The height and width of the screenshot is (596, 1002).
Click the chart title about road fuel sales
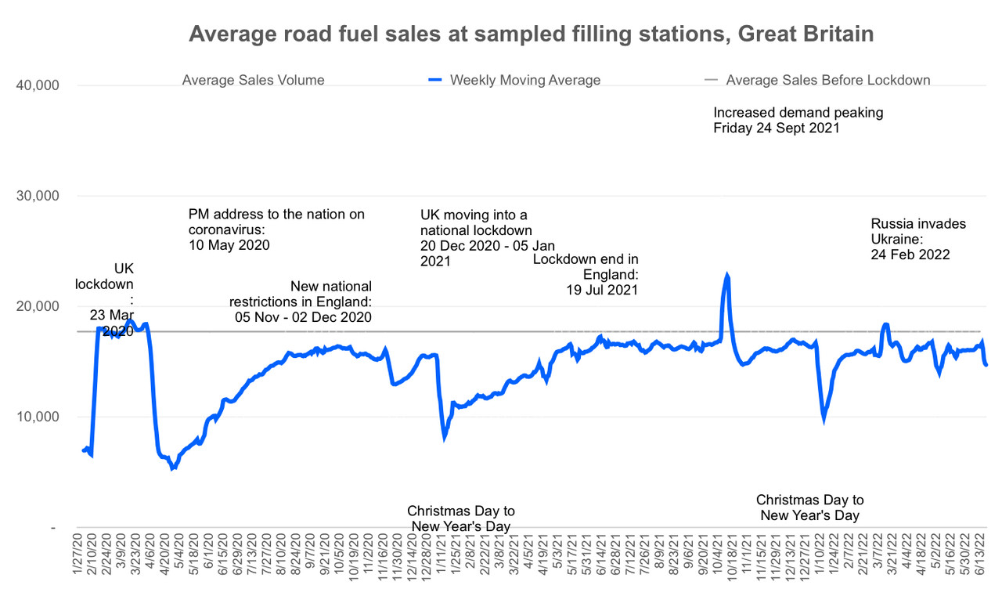coord(532,34)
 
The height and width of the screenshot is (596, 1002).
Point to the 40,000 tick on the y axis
coord(38,85)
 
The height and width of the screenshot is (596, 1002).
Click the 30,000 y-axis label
coord(38,196)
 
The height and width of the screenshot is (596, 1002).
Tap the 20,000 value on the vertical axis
coord(38,306)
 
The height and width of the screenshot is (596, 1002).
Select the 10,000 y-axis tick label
coord(38,417)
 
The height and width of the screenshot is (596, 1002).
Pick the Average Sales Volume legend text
coord(253,80)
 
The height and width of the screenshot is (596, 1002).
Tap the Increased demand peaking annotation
coord(798,120)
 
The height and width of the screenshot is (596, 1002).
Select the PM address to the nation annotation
coord(276,229)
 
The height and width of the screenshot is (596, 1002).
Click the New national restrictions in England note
coord(301,302)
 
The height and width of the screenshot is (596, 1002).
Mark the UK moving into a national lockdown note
coord(476,238)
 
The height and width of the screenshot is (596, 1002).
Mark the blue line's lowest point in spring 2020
coord(173,468)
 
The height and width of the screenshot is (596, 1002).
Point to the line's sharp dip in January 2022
coord(824,419)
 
